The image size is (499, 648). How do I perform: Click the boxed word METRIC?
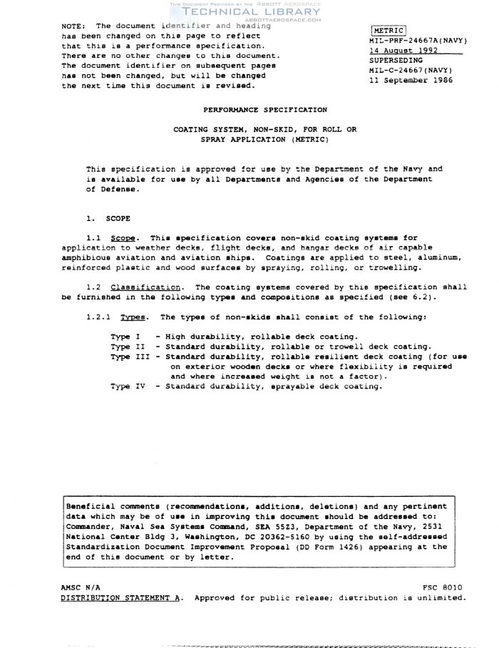click(x=389, y=31)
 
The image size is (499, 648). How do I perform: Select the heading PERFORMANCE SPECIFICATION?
click(x=265, y=110)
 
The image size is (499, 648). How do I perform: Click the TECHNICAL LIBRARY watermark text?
click(x=252, y=12)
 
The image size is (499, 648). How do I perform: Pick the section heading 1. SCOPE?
click(x=108, y=217)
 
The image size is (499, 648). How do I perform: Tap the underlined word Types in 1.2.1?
click(x=133, y=317)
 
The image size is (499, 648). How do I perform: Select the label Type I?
click(x=125, y=336)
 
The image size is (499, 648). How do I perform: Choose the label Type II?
click(x=128, y=346)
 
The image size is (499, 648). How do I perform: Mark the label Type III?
click(x=130, y=356)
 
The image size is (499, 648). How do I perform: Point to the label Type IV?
click(x=130, y=386)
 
